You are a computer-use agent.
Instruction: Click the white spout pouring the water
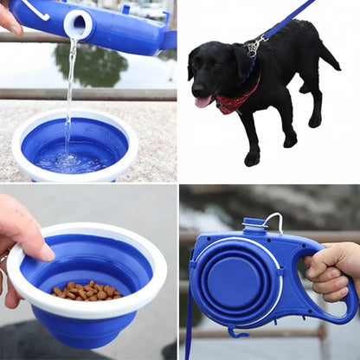point(78,24)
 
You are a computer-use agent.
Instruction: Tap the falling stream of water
point(70,87)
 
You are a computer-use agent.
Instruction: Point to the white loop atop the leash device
point(274,222)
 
